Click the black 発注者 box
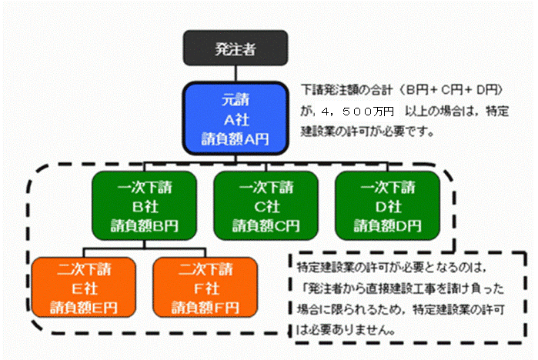click(x=236, y=48)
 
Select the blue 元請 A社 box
click(x=236, y=118)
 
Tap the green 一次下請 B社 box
click(x=145, y=205)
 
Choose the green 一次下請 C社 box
click(x=266, y=205)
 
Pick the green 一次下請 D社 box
click(x=387, y=205)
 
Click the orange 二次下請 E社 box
click(x=84, y=288)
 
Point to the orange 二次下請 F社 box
click(x=206, y=288)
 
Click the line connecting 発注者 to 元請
click(x=236, y=74)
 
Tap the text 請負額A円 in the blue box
click(x=235, y=139)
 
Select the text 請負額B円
click(x=145, y=226)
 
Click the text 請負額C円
click(x=266, y=226)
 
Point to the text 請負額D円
click(x=387, y=226)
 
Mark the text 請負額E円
click(x=84, y=308)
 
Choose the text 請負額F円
click(x=206, y=308)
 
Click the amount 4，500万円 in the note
click(x=358, y=112)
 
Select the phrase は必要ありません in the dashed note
click(x=346, y=330)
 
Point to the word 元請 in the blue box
click(x=236, y=100)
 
